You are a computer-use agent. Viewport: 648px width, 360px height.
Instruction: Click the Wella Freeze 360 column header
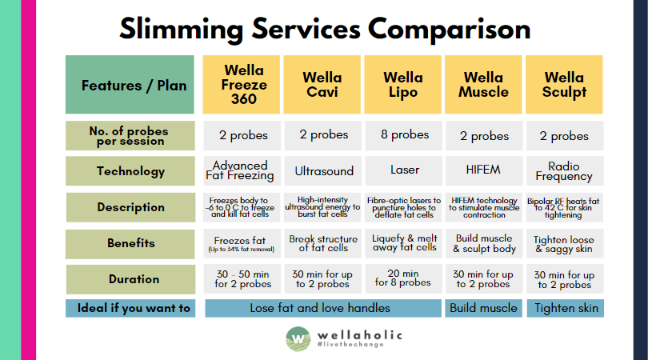(242, 85)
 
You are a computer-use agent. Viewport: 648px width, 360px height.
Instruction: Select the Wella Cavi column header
(322, 85)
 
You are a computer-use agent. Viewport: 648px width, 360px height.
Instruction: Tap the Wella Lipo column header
(403, 85)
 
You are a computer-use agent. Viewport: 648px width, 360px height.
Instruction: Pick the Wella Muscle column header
(483, 85)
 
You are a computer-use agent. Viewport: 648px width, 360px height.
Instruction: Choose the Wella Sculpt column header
(565, 85)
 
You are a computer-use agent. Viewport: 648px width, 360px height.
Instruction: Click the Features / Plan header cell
(130, 85)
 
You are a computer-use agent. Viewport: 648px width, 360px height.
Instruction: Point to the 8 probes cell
(403, 135)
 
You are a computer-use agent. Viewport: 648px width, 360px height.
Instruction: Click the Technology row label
(130, 171)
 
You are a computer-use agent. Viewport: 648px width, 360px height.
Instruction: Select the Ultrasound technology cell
(322, 171)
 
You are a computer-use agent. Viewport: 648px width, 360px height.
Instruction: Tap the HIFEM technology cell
(483, 171)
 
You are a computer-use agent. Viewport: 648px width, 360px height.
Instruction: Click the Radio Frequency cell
(565, 171)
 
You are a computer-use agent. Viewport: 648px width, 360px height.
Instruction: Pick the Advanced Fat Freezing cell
(242, 171)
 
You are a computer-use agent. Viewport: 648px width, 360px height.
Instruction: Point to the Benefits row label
(130, 243)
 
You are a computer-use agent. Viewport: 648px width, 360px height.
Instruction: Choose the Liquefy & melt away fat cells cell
(403, 243)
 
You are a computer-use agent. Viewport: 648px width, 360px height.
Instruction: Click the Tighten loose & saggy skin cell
(565, 243)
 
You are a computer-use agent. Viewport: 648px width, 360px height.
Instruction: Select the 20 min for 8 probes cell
(403, 278)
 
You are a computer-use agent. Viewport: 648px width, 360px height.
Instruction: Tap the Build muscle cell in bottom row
(483, 308)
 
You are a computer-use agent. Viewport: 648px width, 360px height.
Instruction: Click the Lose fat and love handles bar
(322, 308)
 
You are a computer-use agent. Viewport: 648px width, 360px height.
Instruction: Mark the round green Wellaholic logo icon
(298, 338)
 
